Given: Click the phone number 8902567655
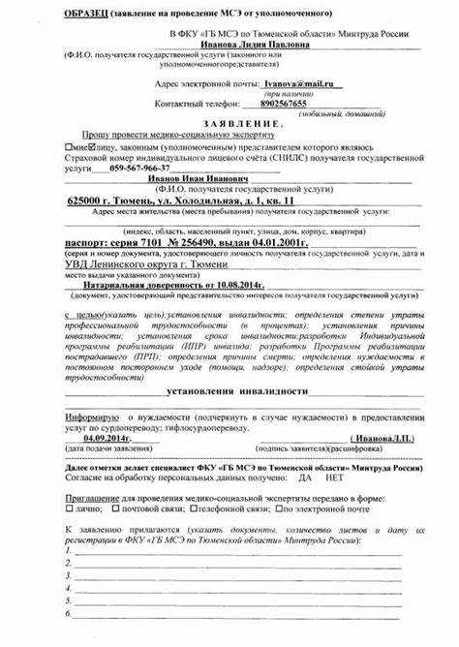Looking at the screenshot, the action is pyautogui.click(x=284, y=103).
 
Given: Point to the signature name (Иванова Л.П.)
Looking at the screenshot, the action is pyautogui.click(x=385, y=438).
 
